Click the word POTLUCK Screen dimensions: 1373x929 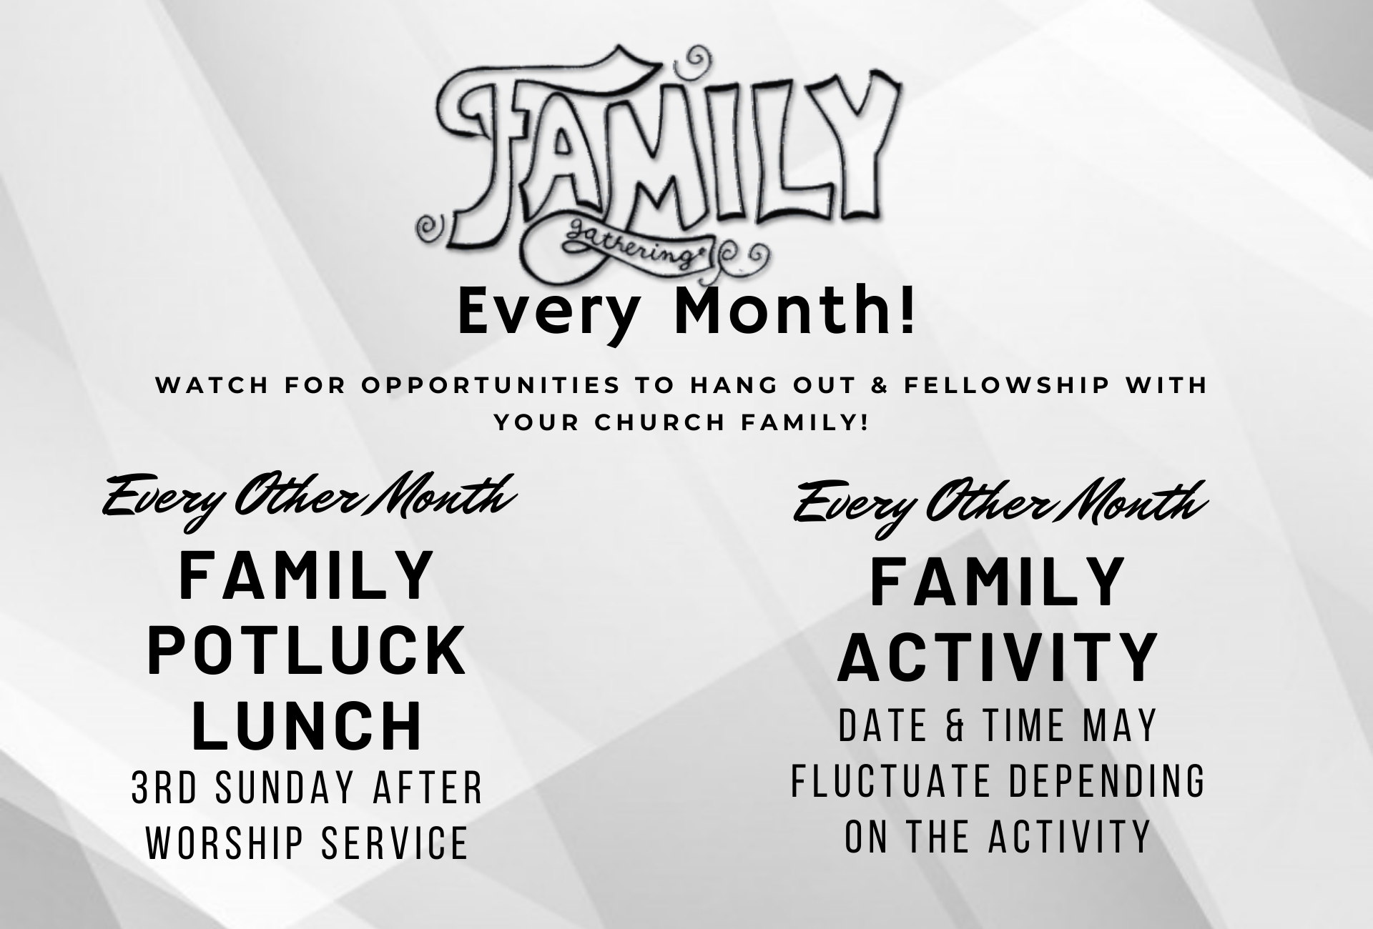tap(307, 651)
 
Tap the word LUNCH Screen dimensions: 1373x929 tap(307, 726)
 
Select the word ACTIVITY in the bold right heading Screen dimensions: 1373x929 tap(998, 657)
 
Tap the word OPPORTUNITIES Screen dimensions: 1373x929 tap(489, 385)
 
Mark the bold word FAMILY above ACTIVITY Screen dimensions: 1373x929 tap(998, 582)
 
